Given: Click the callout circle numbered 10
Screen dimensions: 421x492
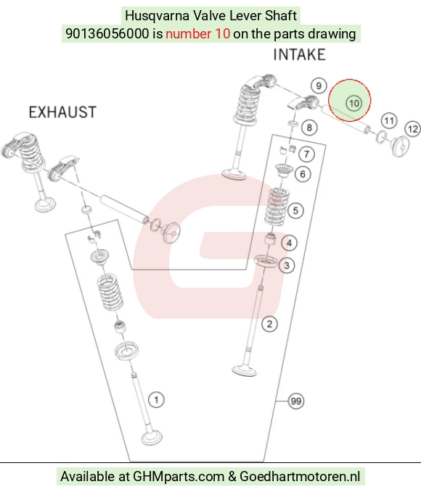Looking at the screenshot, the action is tap(354, 103).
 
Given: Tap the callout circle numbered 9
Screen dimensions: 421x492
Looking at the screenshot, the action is tap(319, 86).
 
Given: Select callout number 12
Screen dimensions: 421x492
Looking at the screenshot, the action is tap(413, 129).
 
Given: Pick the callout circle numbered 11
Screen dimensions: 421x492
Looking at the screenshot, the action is tap(389, 121).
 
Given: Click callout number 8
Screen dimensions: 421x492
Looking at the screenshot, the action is tap(309, 128).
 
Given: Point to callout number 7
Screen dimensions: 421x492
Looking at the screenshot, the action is tap(306, 154).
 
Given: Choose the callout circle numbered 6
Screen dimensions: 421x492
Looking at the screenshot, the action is tap(303, 174).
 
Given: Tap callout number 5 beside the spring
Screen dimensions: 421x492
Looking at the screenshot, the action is tap(295, 211).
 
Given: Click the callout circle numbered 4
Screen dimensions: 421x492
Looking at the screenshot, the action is tap(290, 243).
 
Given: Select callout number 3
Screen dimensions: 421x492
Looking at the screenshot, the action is tap(287, 265).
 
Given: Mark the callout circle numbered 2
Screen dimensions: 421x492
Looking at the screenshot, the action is tap(269, 324).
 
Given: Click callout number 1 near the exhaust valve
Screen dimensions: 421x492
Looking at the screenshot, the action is tap(156, 400).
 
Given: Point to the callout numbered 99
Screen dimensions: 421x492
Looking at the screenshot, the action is tap(296, 401).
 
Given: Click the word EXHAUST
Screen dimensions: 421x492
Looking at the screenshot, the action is tap(62, 112).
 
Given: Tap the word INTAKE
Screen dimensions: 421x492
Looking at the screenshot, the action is tap(299, 54).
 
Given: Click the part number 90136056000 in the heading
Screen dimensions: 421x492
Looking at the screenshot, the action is tap(107, 33).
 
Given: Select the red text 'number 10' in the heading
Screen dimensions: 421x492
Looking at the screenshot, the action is tap(197, 33).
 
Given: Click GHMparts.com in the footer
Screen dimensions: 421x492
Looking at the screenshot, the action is tap(179, 476).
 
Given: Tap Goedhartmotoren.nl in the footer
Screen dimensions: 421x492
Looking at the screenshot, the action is tap(300, 476).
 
